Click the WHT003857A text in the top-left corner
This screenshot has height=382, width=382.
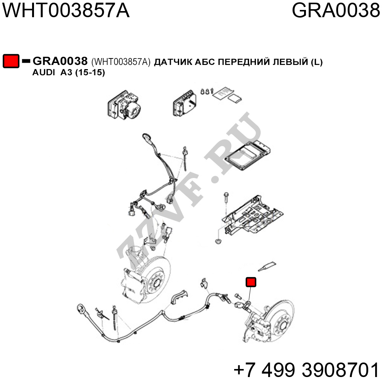(x=66, y=10)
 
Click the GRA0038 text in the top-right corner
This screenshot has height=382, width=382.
(x=336, y=10)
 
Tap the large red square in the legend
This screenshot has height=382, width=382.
(x=11, y=61)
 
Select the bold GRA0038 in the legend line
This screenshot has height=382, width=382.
(x=60, y=61)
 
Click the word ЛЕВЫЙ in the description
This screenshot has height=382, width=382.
(x=290, y=62)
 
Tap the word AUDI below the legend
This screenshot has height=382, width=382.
(x=44, y=72)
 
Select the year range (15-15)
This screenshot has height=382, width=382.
(x=90, y=73)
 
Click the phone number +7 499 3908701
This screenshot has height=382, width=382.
(x=306, y=369)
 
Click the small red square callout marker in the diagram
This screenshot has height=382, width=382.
(x=251, y=282)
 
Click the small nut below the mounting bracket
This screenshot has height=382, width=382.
(x=218, y=242)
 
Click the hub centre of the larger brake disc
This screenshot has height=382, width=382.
(x=156, y=283)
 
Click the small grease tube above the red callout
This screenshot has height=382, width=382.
(x=267, y=266)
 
